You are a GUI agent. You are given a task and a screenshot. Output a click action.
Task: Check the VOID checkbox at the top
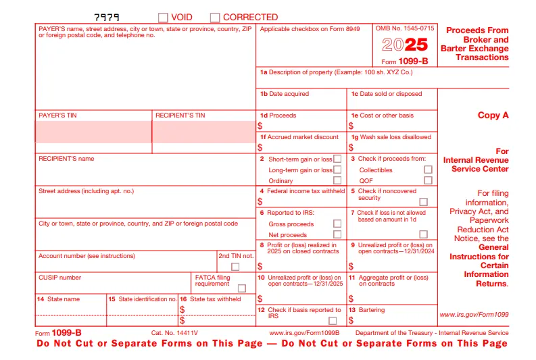[x=163, y=18]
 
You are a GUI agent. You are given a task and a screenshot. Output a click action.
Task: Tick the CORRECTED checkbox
[x=215, y=18]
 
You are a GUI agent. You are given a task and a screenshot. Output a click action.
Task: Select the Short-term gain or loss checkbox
[x=337, y=159]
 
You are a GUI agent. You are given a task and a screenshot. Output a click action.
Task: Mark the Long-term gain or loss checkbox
[x=337, y=170]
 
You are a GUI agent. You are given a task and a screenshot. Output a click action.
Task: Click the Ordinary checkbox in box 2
[x=337, y=180]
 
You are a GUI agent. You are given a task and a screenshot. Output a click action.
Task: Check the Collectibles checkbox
[x=428, y=170]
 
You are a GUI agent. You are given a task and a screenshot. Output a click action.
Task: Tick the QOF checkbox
[x=428, y=180]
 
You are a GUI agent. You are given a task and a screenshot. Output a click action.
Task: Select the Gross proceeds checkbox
[x=337, y=224]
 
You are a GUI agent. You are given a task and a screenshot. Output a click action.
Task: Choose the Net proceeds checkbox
[x=337, y=234]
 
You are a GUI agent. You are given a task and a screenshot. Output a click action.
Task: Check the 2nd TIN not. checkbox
[x=235, y=267]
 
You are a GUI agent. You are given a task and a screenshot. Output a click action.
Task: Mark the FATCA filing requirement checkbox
[x=241, y=288]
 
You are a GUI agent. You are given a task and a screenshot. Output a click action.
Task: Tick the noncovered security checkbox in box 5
[x=424, y=201]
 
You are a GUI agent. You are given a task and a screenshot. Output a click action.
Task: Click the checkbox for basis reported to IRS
[x=333, y=321]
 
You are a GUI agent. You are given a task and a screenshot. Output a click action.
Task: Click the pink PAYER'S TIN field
[x=94, y=132]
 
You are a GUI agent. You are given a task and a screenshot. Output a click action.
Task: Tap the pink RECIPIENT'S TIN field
[x=203, y=132]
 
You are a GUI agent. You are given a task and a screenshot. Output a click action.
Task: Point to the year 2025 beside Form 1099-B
[x=405, y=45]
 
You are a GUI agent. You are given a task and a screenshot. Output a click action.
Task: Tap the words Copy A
[x=493, y=115]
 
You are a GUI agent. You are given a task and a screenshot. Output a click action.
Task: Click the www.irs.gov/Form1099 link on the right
[x=474, y=315]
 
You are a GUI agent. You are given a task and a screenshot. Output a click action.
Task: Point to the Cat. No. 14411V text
[x=174, y=333]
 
